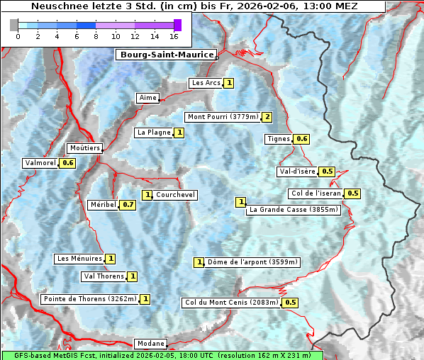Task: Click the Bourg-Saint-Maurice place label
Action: click(x=165, y=55)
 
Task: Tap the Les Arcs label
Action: click(x=206, y=83)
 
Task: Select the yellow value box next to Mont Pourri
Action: click(x=267, y=117)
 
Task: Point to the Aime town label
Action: click(x=147, y=98)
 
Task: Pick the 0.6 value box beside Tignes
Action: click(x=302, y=139)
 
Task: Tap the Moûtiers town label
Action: click(x=84, y=148)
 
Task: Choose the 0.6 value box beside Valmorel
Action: click(x=67, y=163)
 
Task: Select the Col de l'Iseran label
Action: click(x=316, y=193)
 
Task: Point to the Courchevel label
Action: click(x=175, y=195)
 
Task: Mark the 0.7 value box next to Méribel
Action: click(x=128, y=205)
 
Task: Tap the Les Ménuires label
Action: click(x=79, y=259)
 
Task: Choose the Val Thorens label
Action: click(x=104, y=276)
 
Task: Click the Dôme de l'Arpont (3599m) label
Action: click(x=252, y=262)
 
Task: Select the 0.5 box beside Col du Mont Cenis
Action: click(x=290, y=303)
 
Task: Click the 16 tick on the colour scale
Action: click(x=174, y=36)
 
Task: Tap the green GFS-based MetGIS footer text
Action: click(x=162, y=355)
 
